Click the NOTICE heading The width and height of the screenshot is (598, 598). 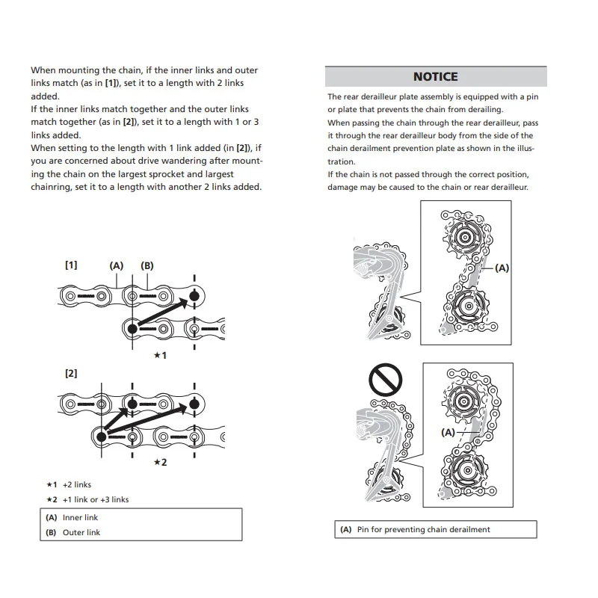click(435, 76)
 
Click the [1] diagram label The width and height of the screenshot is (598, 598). click(71, 265)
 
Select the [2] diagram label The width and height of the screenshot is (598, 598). click(71, 372)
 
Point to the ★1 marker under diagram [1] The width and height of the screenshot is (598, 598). click(160, 355)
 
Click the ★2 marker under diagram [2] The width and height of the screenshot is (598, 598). click(160, 462)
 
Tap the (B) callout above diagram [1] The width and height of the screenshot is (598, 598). click(147, 265)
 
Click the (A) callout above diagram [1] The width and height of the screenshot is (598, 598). click(116, 265)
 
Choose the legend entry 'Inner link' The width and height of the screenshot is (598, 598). click(80, 517)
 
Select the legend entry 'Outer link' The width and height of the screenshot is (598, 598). click(81, 532)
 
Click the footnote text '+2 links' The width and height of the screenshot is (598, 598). click(76, 484)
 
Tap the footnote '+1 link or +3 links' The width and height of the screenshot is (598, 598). click(95, 499)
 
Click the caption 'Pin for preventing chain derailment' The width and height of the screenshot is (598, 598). click(423, 529)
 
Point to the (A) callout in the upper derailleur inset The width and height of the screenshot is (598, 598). click(502, 268)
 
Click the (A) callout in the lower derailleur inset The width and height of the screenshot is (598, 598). click(449, 432)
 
